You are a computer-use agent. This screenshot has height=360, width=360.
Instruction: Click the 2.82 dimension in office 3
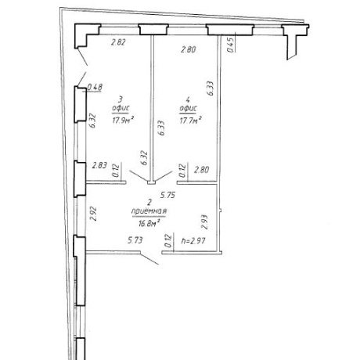[118, 42]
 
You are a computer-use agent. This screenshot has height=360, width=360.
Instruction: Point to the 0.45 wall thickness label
[231, 45]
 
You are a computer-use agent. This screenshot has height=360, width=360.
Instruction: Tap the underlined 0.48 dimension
[95, 87]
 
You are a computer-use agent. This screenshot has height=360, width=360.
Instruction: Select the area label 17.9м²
[123, 121]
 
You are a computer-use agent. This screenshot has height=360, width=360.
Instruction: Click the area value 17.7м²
[191, 121]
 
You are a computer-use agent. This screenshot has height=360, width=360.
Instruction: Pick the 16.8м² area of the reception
[149, 224]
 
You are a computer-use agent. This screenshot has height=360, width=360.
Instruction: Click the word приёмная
[149, 211]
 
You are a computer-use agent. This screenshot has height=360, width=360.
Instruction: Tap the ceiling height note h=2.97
[193, 241]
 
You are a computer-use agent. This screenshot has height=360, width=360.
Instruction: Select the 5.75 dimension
[167, 195]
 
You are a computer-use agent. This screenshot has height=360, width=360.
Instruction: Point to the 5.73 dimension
[135, 240]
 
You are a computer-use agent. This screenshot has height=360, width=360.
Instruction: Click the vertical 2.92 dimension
[93, 214]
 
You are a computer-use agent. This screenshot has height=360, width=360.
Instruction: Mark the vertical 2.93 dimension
[204, 222]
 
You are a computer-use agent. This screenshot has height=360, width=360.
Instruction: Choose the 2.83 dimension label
[99, 165]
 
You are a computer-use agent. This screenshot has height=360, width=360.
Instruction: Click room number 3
[121, 99]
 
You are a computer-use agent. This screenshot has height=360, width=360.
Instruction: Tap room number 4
[188, 99]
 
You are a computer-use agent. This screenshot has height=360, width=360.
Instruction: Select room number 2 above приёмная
[149, 202]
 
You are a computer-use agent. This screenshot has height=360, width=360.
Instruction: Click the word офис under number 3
[121, 108]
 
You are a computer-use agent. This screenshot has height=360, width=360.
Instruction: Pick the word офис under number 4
[188, 108]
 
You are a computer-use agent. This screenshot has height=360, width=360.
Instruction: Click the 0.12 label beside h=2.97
[169, 241]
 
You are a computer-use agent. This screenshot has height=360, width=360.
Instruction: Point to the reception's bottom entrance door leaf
[149, 258]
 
